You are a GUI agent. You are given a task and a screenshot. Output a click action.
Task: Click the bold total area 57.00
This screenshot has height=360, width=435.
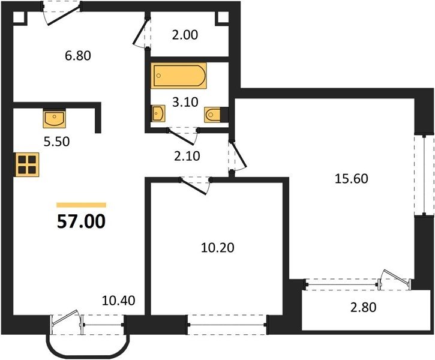click(x=81, y=221)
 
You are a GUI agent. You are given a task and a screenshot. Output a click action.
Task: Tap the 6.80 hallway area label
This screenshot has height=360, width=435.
click(x=78, y=56)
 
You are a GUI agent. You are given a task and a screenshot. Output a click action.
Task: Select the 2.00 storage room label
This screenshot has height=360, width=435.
click(x=185, y=35)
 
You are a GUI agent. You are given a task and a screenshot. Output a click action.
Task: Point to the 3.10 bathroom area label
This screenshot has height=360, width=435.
click(x=185, y=102)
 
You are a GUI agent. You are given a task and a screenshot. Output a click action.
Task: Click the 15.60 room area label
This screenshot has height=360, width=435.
click(x=352, y=179)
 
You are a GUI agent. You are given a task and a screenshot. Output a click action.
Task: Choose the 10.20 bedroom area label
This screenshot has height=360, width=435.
click(x=217, y=248)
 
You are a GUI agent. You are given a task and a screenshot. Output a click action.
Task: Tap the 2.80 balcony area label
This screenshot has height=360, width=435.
click(x=364, y=307)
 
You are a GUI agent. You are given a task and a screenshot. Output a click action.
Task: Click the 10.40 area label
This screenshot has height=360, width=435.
click(x=118, y=301)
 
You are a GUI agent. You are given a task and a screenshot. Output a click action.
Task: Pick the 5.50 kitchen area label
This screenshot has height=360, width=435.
click(x=56, y=142)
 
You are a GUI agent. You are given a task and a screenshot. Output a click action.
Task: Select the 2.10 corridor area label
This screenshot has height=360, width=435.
click(x=187, y=156)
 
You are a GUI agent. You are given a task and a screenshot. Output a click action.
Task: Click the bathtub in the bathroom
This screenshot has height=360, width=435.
click(x=179, y=76)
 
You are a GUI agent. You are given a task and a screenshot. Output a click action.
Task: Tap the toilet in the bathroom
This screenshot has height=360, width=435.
click(x=213, y=114)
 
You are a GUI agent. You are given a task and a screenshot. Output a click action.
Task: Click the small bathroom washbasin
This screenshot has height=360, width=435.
click(x=158, y=113)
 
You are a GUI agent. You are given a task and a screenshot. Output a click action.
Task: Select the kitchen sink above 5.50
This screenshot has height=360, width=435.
click(x=55, y=118)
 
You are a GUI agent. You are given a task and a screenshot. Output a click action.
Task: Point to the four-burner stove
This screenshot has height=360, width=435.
click(x=27, y=164)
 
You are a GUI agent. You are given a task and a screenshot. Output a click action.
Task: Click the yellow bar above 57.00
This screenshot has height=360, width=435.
click(x=81, y=205)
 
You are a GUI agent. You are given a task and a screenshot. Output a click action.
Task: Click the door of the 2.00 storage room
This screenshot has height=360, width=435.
click(x=142, y=33)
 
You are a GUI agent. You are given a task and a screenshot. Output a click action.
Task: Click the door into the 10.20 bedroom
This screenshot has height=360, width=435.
click(x=196, y=185)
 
